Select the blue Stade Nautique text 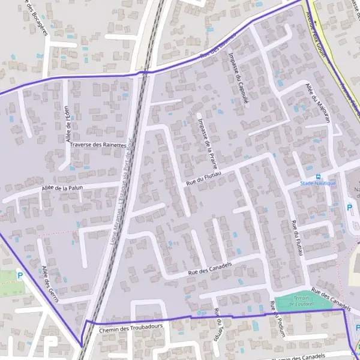point(317,182)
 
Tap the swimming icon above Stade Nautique point(318,176)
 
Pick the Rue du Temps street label point(218,325)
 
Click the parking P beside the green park point(20,276)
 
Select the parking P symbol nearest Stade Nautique point(350,208)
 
